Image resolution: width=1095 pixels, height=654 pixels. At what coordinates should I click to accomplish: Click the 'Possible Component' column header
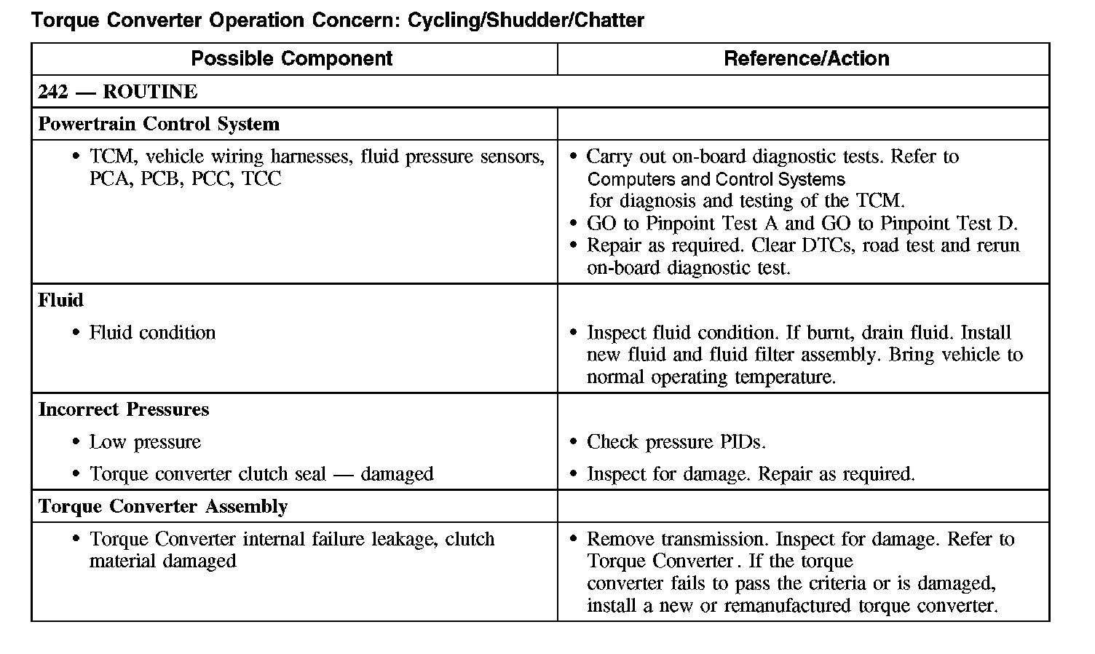click(292, 59)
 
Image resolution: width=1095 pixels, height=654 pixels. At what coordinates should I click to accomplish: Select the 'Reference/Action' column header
click(806, 59)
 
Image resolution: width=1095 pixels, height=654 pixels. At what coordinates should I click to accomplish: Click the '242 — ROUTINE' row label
click(117, 92)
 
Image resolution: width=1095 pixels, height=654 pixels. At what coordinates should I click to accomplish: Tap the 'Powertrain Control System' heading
click(159, 124)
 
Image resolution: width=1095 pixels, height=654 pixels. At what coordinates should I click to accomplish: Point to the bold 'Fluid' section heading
click(60, 300)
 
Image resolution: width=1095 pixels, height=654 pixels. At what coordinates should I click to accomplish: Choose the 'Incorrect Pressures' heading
click(124, 409)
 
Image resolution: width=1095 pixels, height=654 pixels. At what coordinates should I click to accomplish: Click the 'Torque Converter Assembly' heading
click(162, 506)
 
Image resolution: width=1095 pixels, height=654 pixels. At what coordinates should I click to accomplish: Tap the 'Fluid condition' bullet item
click(152, 333)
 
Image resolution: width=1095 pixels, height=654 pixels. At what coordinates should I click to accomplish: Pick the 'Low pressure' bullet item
click(145, 442)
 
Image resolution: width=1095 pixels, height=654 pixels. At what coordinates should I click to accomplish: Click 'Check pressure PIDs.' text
click(676, 442)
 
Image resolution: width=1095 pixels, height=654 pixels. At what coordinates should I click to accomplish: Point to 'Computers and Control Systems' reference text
click(716, 179)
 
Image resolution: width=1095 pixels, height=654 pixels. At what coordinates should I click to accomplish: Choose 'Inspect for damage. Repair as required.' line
click(751, 474)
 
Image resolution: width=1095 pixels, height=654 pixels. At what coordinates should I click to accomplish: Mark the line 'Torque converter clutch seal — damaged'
click(261, 474)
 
